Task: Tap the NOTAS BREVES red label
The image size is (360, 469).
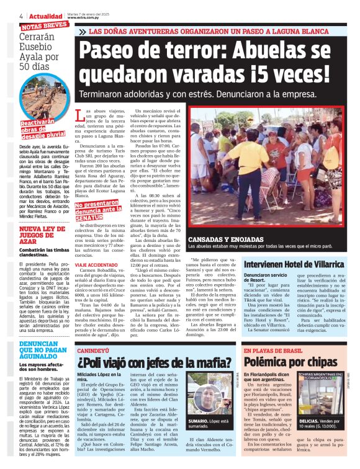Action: coord(44,25)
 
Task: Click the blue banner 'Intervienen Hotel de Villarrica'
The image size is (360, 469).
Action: coord(284,263)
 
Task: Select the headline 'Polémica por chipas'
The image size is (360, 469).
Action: coord(291,362)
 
